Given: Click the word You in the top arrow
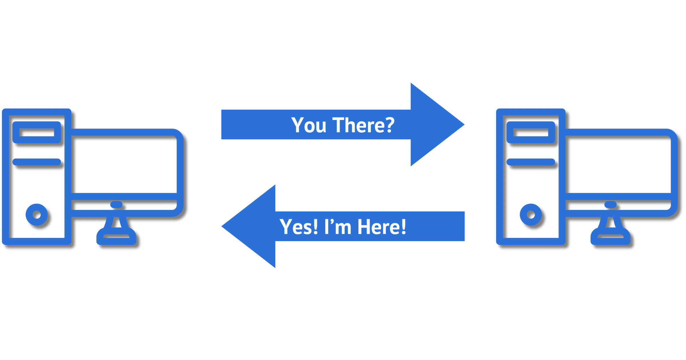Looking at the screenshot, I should tap(309, 125).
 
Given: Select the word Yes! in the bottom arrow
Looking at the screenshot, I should tap(298, 227).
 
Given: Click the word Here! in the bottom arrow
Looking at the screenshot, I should tap(382, 227).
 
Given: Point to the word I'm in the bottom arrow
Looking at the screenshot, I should tap(338, 227).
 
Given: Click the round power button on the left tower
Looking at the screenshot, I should tap(37, 214).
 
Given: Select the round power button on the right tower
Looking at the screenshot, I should tap(531, 214).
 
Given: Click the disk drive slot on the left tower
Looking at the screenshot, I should tap(37, 132).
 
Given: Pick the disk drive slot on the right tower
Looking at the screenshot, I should tap(531, 132).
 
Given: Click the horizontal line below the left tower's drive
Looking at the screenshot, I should tap(37, 162).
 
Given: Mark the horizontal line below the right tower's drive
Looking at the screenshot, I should tap(531, 162).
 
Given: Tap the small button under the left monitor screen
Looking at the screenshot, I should tap(116, 204).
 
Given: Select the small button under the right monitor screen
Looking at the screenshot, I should tap(611, 204).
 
